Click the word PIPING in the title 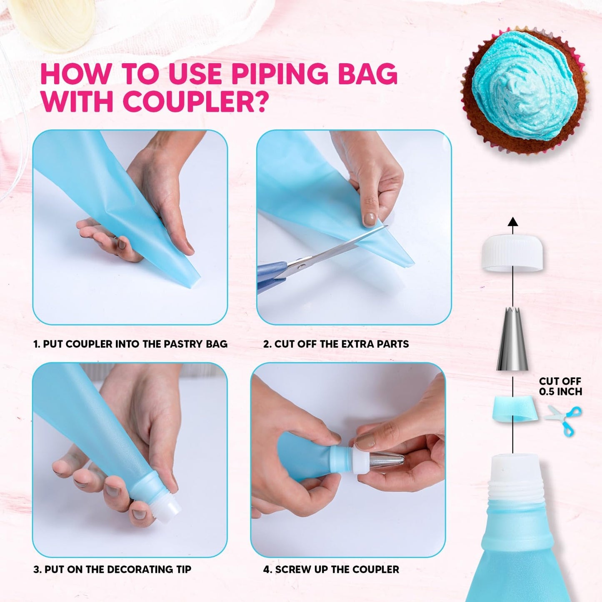[279, 74]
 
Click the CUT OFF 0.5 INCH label [560, 386]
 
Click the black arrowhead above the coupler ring [513, 222]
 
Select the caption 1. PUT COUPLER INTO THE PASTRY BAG [130, 344]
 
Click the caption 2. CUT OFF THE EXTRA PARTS [336, 344]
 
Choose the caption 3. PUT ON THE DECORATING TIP [112, 569]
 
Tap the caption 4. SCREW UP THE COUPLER [331, 569]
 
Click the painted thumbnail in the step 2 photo [369, 219]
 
